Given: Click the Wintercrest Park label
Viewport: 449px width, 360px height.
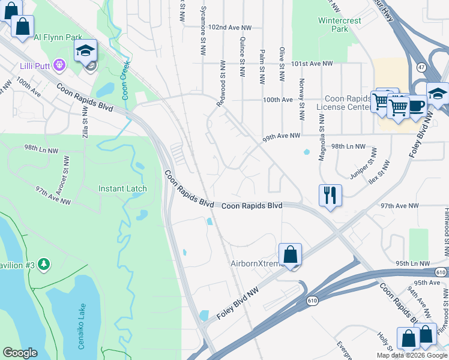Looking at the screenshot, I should tap(332, 24).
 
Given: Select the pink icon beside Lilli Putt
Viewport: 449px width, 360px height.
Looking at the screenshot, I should tap(58, 64).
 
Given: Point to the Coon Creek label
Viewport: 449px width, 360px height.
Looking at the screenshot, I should tap(126, 82).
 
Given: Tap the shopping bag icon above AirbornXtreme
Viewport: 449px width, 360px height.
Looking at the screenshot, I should tap(290, 254).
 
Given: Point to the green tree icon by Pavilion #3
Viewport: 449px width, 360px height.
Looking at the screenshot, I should tap(43, 264).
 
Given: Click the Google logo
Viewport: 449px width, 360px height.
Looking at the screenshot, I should tap(20, 353).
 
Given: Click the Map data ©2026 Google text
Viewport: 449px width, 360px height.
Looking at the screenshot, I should tap(412, 355).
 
